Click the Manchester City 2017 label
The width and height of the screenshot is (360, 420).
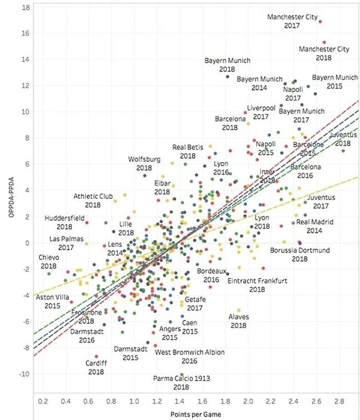[x=292, y=21]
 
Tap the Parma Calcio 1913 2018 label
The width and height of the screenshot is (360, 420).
[x=181, y=383]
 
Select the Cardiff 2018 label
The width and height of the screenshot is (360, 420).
[x=96, y=367]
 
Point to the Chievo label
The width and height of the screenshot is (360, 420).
[x=49, y=258]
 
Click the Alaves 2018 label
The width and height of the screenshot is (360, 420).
[x=239, y=321]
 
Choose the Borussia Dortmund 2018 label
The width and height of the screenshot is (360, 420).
[x=299, y=254]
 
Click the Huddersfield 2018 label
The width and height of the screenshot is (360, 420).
[x=64, y=222]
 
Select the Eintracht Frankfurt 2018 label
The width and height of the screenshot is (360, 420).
[x=256, y=285]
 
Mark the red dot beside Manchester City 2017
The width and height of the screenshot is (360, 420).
[x=320, y=22]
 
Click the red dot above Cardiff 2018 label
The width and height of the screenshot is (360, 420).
[x=96, y=356]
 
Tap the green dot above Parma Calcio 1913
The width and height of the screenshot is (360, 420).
[x=181, y=375]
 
